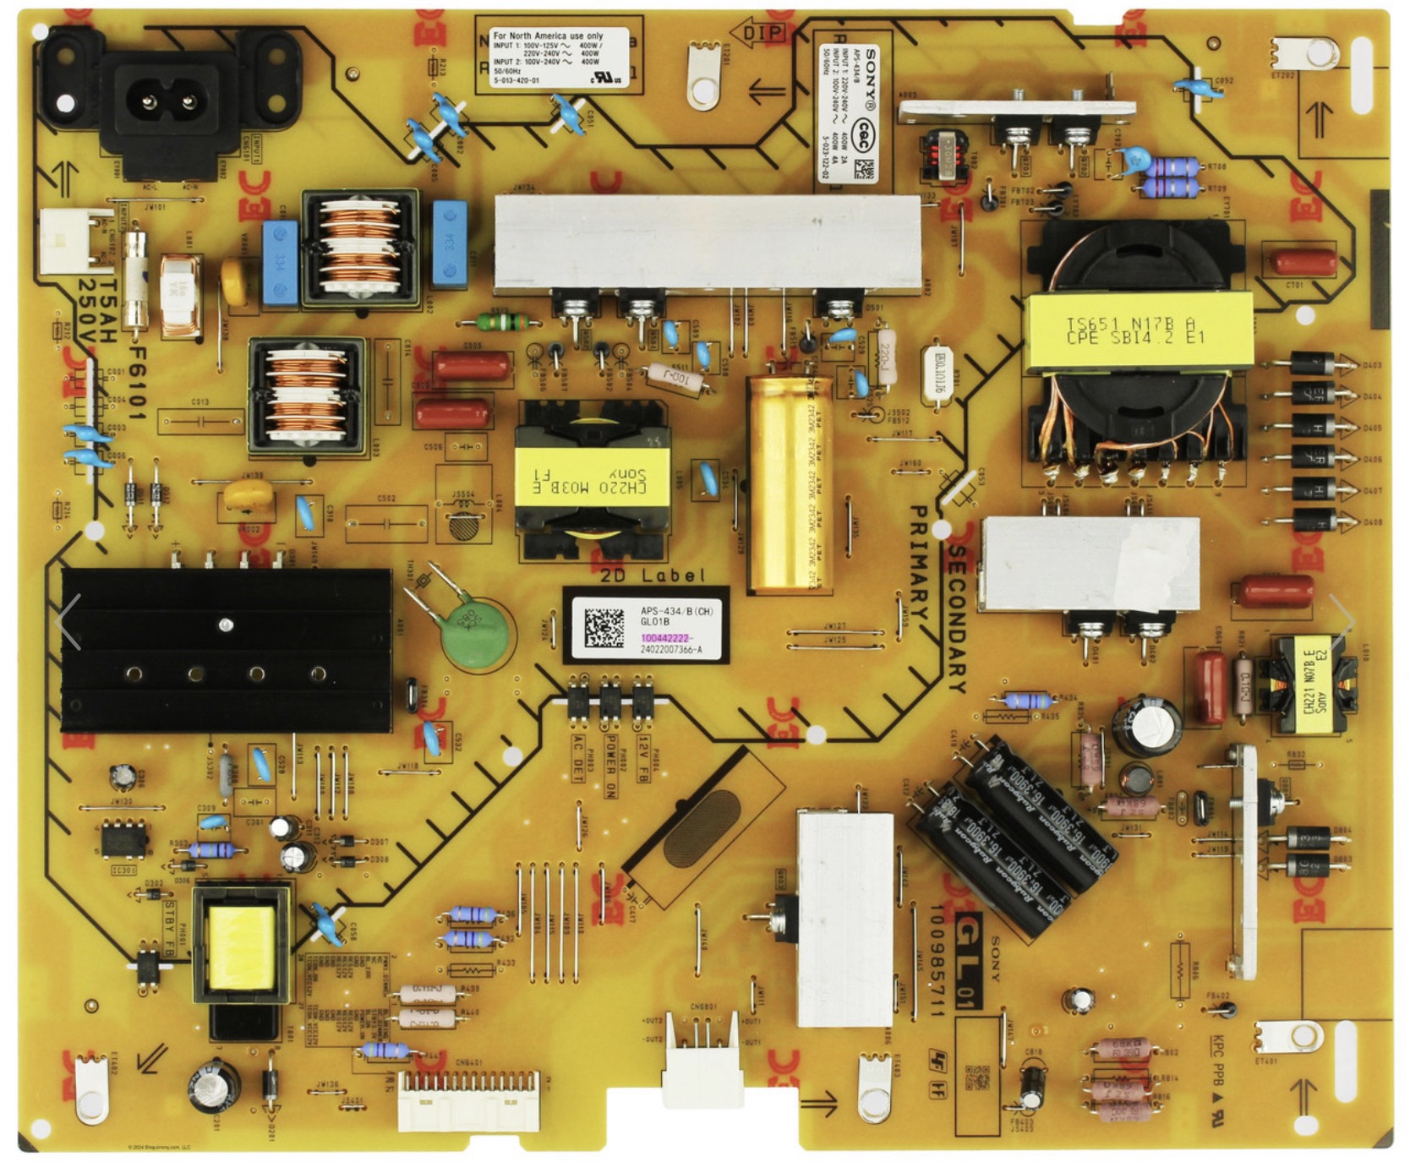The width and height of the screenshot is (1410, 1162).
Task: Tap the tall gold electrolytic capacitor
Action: click(788, 483)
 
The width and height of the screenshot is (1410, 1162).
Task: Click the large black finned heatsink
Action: click(226, 649)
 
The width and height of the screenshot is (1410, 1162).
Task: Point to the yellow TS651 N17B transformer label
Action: click(1137, 330)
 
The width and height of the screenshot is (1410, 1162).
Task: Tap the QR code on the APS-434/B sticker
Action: click(604, 625)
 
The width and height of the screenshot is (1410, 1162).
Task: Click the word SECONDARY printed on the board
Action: click(956, 617)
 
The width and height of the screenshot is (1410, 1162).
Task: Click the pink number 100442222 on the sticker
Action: click(666, 638)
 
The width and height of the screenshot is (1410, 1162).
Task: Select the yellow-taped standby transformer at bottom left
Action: click(242, 947)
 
